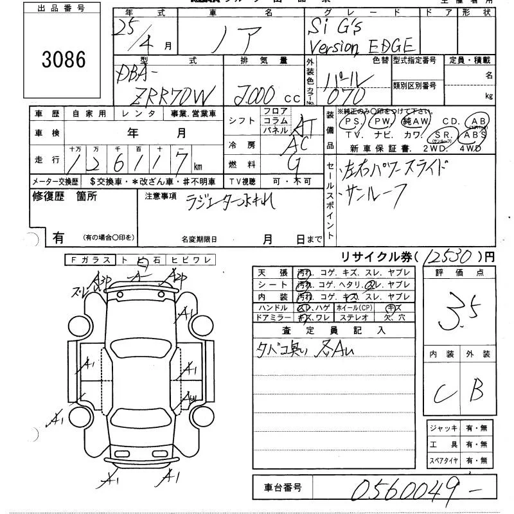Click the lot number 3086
point(63,60)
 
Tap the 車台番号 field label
point(278,488)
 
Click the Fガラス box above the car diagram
point(89,260)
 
